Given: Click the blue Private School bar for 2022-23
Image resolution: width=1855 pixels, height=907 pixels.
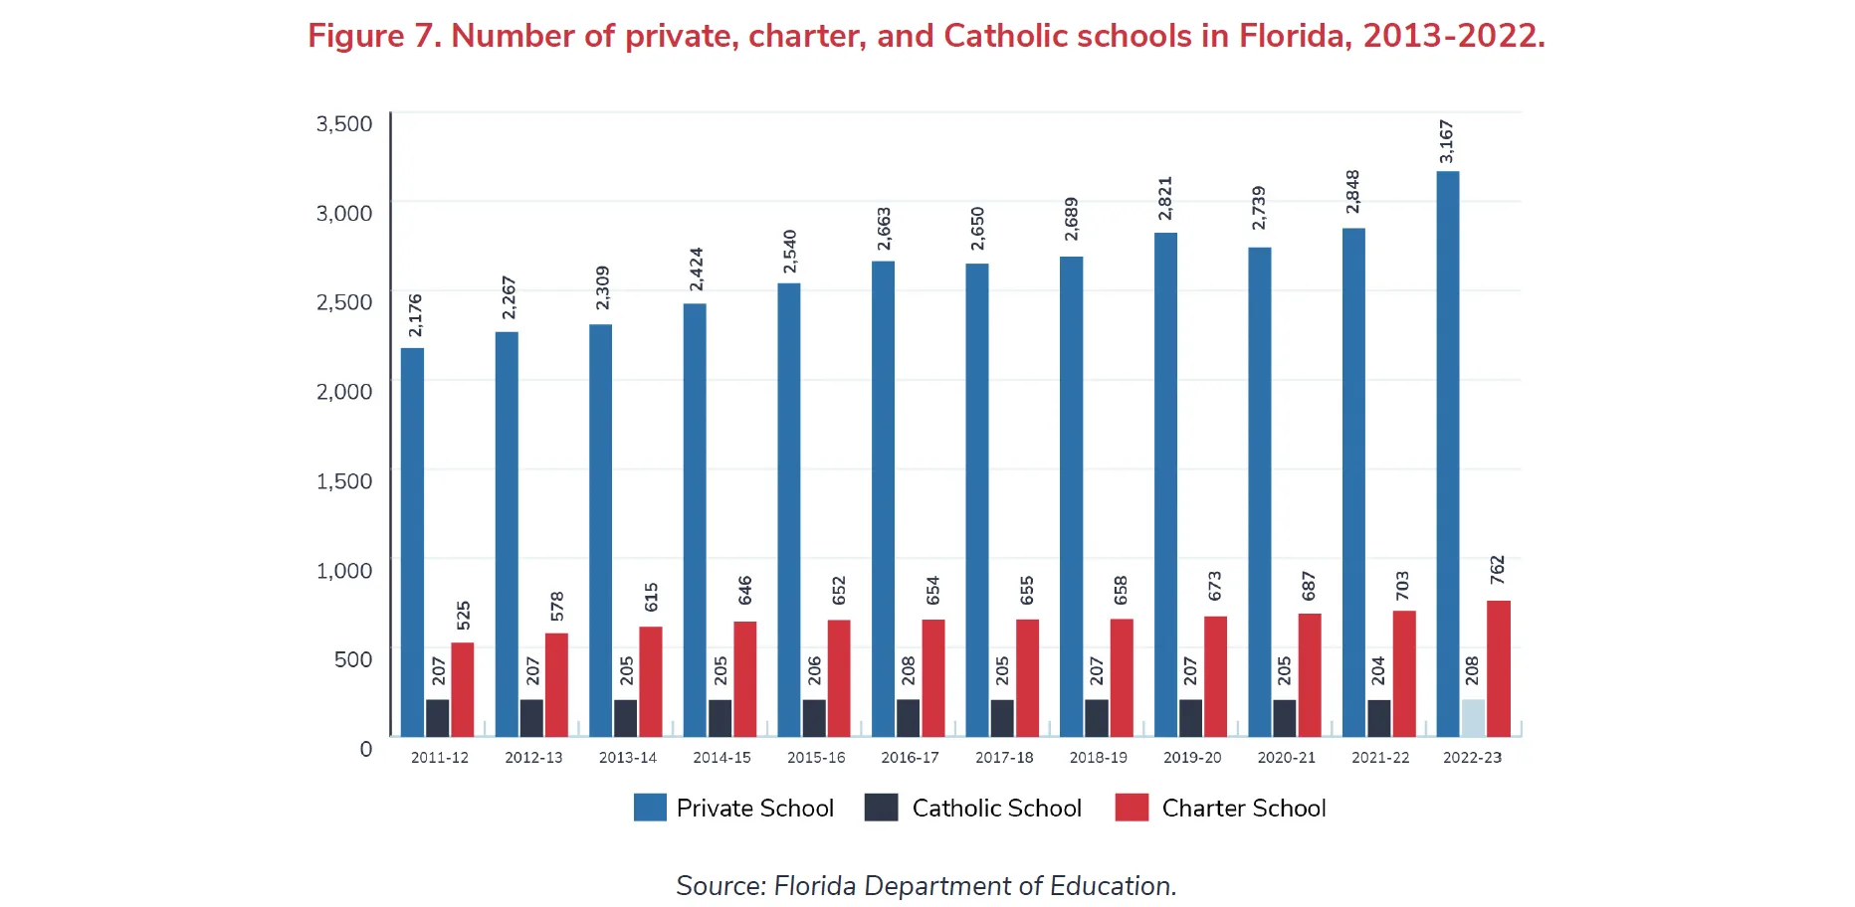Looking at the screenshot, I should point(1447,453).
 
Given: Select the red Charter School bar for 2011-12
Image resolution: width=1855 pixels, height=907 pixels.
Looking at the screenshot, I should point(463,689).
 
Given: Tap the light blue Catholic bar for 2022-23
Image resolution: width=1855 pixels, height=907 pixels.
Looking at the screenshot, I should point(1473,717).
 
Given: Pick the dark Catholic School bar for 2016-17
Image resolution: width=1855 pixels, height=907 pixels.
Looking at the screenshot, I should point(908,717).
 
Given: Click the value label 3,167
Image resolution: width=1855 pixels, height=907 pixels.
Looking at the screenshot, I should point(1447,141).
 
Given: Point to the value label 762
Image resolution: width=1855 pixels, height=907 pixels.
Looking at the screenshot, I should point(1498,570).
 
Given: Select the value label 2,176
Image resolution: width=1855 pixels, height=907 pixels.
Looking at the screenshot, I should point(415,315).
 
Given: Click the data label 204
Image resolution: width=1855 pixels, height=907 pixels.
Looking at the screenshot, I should point(1378,670).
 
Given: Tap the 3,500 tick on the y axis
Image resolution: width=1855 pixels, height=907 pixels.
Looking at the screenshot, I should point(344,123).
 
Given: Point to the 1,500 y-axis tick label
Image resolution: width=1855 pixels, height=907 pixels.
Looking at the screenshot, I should point(344,481).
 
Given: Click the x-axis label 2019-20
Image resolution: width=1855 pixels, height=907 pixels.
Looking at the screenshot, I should point(1192,758).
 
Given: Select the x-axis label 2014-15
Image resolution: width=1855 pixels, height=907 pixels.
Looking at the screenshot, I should point(721,758).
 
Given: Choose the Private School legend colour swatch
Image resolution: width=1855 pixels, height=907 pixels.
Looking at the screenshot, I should point(650,808).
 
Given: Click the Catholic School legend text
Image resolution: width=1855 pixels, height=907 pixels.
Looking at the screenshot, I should point(996,809).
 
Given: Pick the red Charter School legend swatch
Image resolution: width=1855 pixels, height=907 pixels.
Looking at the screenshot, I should point(1132,808).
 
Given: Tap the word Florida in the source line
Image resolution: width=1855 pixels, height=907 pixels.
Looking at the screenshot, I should point(814,886).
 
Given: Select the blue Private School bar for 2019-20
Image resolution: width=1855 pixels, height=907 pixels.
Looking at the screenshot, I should point(1165,484).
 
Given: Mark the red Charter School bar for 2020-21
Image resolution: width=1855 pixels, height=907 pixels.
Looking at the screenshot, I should point(1310,674).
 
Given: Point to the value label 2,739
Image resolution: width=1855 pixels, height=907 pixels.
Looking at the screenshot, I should point(1259,207).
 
